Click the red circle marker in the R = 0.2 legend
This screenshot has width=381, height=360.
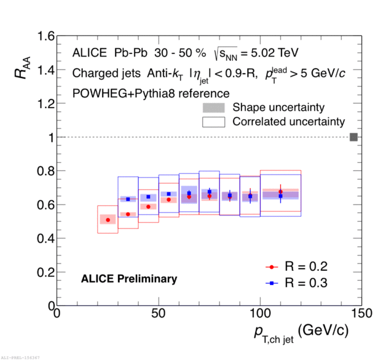coord(271,267)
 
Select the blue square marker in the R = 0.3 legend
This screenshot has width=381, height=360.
coord(271,283)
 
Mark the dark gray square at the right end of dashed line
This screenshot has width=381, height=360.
coord(353,137)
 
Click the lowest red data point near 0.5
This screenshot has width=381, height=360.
coord(108,219)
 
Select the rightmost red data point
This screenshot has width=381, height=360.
coord(280,192)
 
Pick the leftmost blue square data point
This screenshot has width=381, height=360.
coord(128,199)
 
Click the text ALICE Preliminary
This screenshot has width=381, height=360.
coord(129,279)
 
